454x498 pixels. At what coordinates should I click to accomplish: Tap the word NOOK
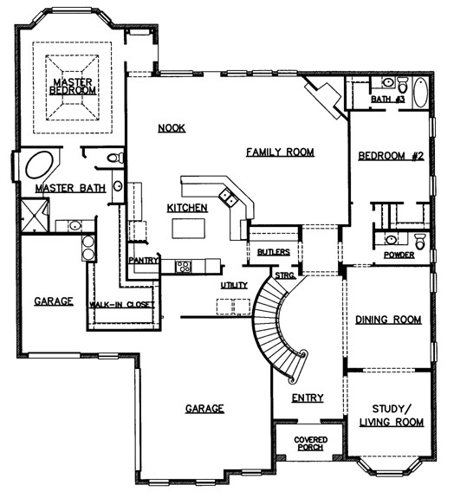tap(172, 128)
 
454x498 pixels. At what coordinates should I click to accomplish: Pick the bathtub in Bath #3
tap(420, 92)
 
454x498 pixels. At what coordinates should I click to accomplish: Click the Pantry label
tap(140, 260)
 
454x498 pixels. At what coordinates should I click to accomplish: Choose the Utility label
tap(234, 285)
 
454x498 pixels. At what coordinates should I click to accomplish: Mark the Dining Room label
tap(389, 320)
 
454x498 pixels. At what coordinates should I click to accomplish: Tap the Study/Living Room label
tap(392, 415)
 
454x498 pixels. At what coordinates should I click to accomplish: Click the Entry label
tap(307, 398)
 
